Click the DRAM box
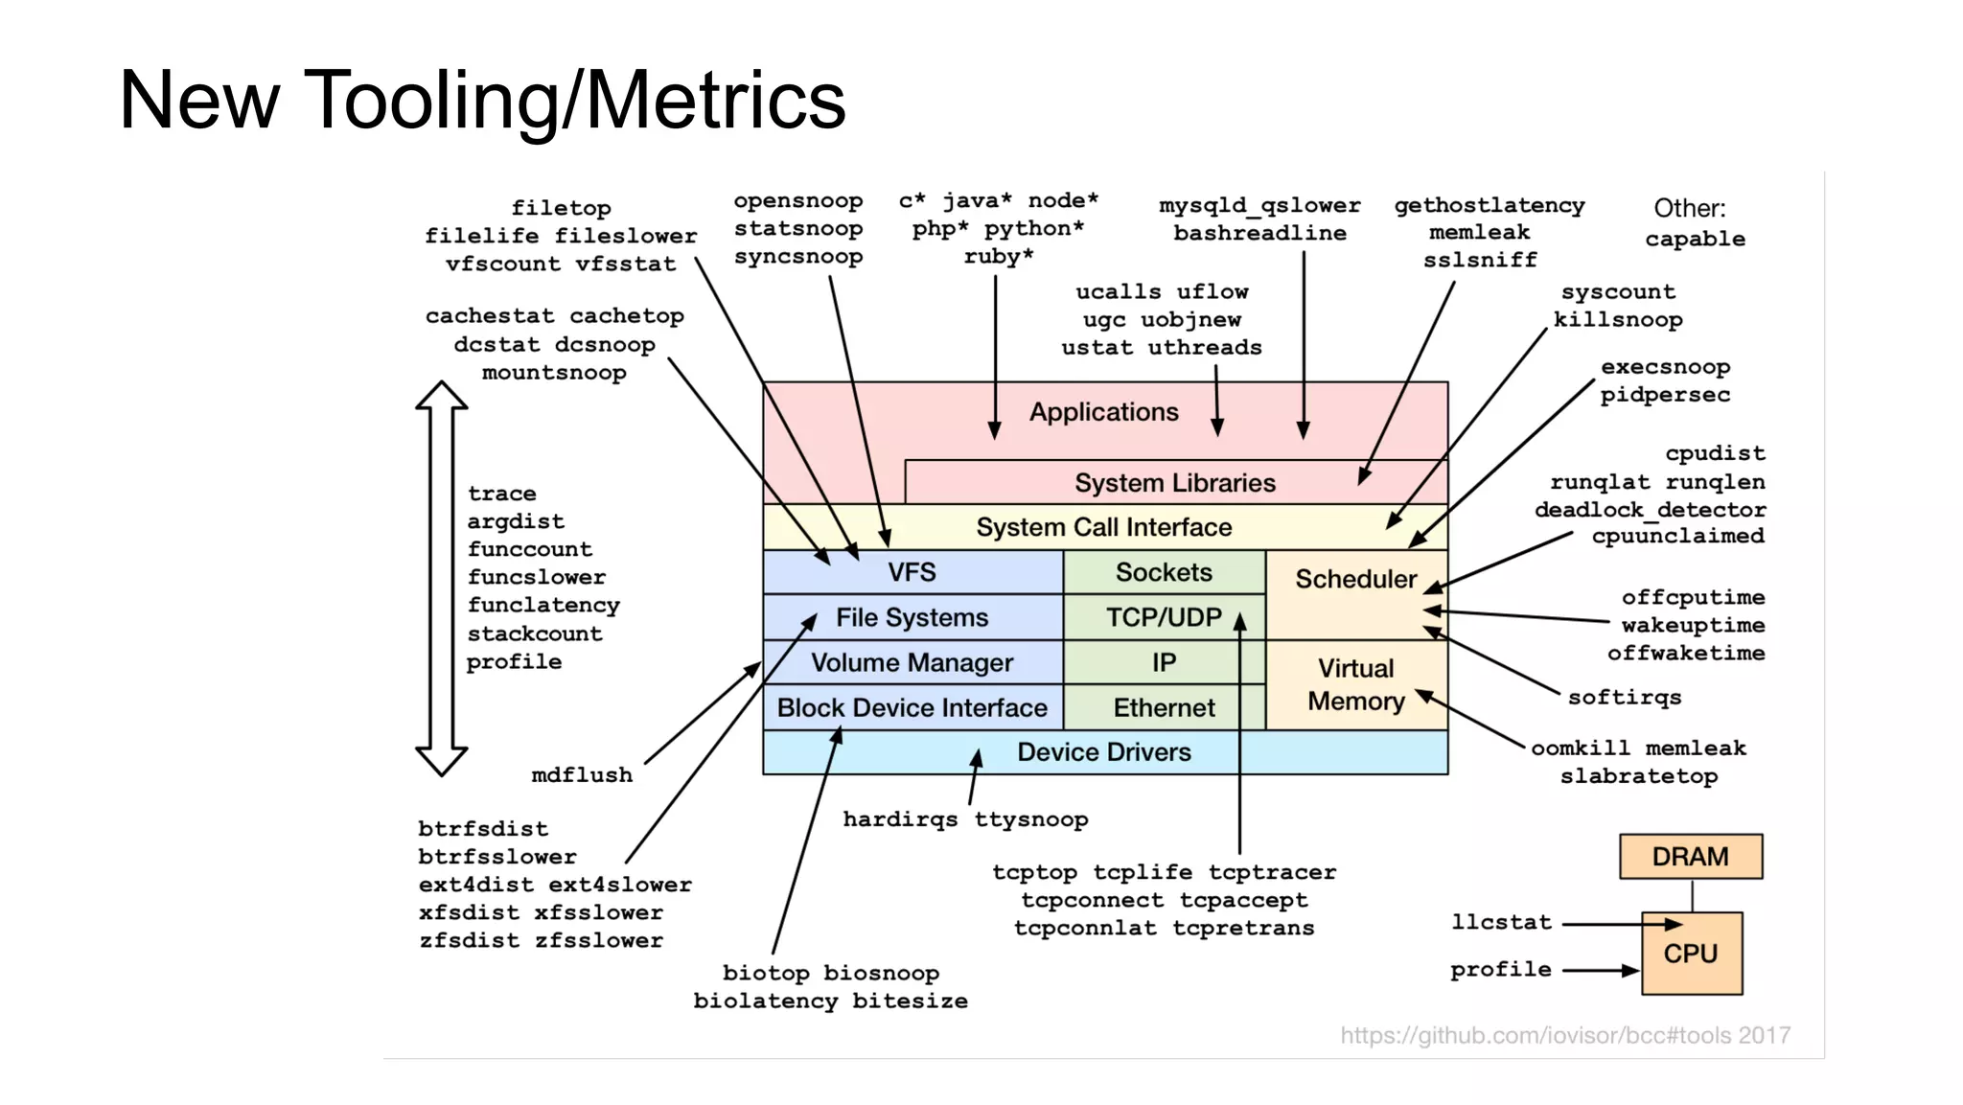click(1690, 856)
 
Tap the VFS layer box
click(912, 572)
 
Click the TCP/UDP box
click(1164, 617)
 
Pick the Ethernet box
click(1164, 707)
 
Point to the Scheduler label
click(1355, 579)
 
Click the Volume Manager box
click(912, 662)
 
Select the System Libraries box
click(1175, 482)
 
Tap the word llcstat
click(1501, 922)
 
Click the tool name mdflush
click(582, 774)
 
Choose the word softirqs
click(1624, 697)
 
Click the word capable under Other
click(1695, 239)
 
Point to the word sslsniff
click(1479, 260)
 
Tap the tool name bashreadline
click(1259, 233)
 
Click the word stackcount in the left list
click(535, 633)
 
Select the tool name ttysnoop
click(1030, 819)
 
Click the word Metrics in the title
click(715, 100)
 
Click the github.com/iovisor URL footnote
click(1564, 1035)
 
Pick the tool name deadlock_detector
click(1650, 509)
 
